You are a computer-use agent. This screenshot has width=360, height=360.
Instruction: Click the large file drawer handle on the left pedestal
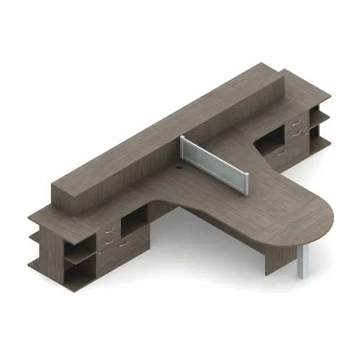pos(124,245)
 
